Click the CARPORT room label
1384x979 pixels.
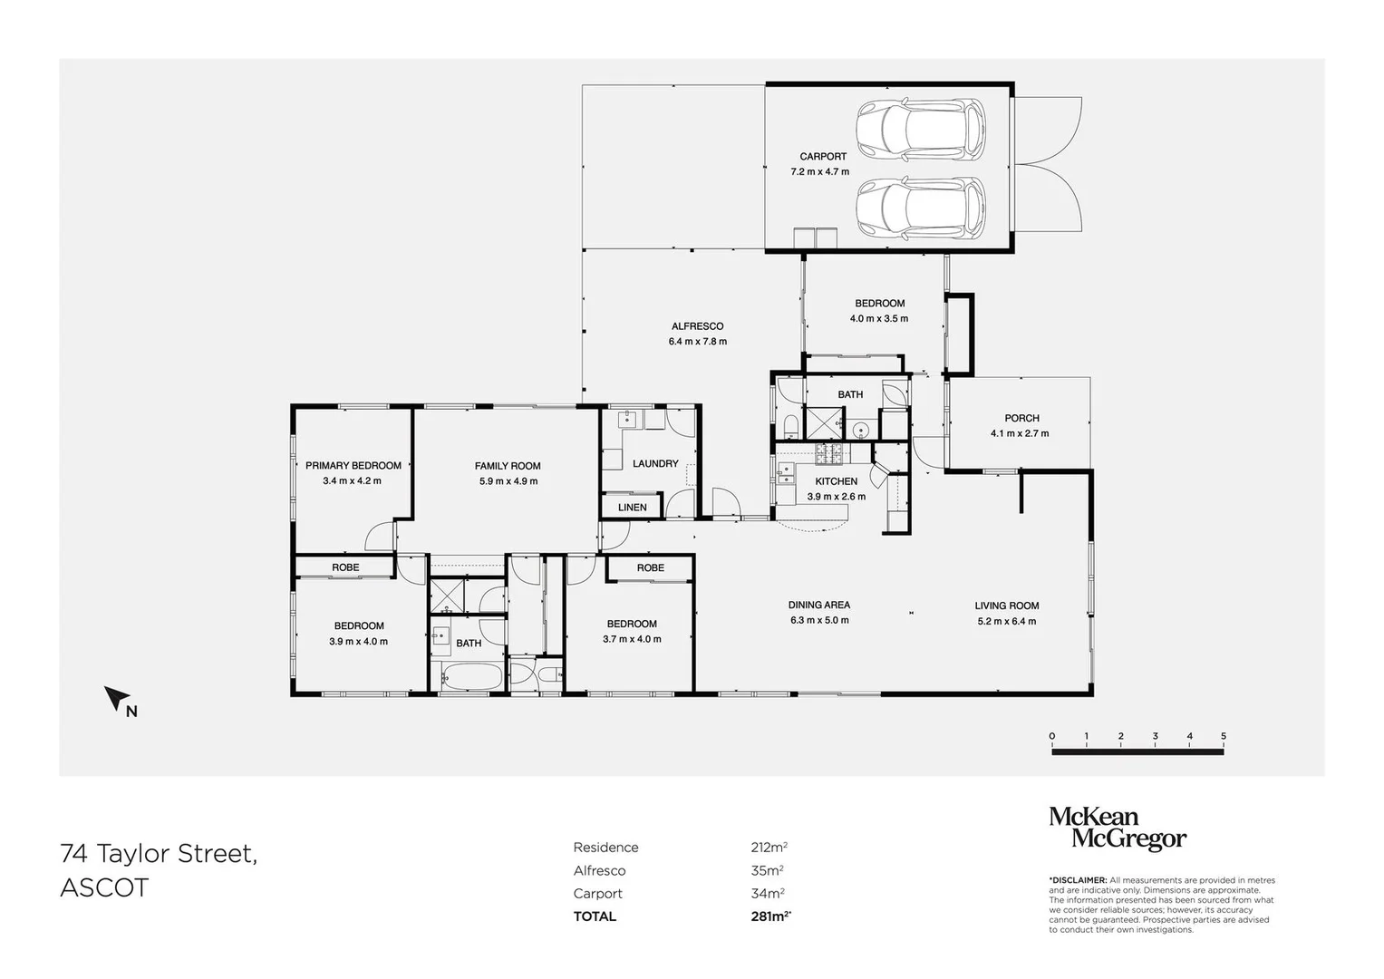tap(823, 157)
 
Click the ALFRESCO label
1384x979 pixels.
tap(697, 326)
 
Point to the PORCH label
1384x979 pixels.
tap(1021, 418)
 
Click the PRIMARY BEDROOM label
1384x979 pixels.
tap(353, 466)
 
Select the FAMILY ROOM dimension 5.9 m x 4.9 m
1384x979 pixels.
tap(508, 481)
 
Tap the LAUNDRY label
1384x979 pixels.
tap(655, 463)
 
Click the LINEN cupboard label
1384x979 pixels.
tap(633, 507)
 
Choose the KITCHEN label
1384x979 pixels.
tap(836, 481)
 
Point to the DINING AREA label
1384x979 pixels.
tap(818, 605)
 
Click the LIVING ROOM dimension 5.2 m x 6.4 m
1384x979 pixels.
tap(1006, 621)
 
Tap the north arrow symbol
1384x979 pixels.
tap(117, 698)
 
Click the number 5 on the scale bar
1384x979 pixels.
tap(1224, 736)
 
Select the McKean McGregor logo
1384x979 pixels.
tap(1117, 829)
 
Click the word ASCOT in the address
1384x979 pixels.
tap(103, 887)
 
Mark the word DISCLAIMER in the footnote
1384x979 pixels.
tap(1079, 880)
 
